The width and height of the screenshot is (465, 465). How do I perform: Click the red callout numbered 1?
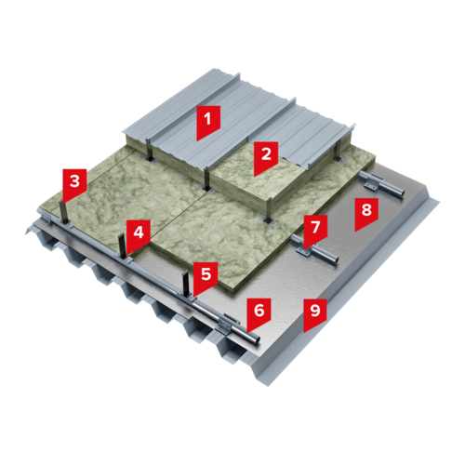(208, 123)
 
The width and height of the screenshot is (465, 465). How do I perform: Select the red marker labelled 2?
(266, 157)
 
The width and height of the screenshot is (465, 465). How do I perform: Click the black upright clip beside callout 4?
(122, 245)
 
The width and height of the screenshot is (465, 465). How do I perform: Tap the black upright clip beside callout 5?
(185, 284)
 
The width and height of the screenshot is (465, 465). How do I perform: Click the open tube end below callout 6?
(256, 339)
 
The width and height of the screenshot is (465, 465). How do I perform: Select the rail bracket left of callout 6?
(225, 325)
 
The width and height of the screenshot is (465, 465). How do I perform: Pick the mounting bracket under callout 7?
(305, 250)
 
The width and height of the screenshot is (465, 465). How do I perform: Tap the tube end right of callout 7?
(335, 259)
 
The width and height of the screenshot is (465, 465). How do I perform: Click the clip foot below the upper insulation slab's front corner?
(269, 221)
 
